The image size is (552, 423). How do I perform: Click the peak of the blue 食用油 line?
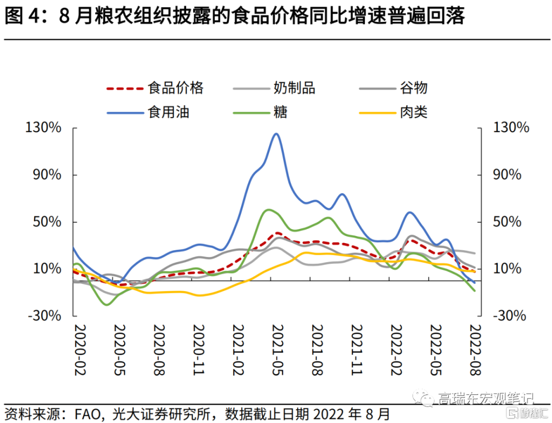pyautogui.click(x=276, y=134)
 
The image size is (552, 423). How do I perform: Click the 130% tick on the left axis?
pyautogui.click(x=43, y=128)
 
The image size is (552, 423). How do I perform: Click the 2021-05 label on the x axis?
pyautogui.click(x=277, y=350)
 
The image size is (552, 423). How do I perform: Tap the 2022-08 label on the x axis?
pyautogui.click(x=475, y=350)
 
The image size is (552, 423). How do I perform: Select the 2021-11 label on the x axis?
pyautogui.click(x=356, y=350)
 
